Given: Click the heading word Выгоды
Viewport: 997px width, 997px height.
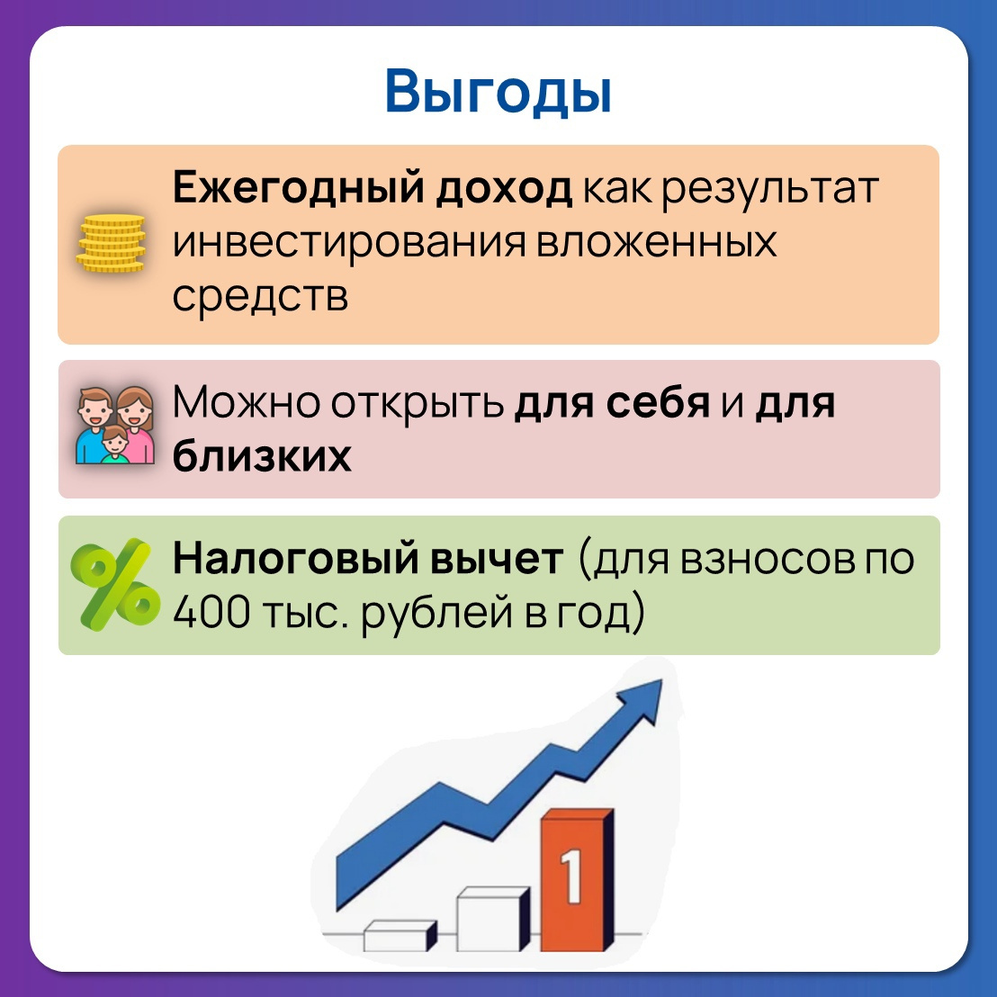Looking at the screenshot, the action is [498, 93].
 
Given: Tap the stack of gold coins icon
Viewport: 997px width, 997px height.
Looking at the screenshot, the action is [112, 244].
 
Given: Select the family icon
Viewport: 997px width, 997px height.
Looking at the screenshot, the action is [115, 425].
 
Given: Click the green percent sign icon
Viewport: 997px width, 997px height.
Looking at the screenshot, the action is [115, 584].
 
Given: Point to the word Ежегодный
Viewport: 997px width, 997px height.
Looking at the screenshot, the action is [299, 188].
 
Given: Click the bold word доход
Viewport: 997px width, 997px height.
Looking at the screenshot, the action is [504, 189].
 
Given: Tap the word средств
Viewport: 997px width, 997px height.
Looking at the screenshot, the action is [261, 296].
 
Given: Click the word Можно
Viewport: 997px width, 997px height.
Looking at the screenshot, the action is [246, 402].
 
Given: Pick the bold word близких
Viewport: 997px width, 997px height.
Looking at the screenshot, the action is [262, 455].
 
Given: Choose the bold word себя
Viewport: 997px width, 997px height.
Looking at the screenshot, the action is [658, 403].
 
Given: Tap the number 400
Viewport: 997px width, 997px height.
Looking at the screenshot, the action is [211, 612].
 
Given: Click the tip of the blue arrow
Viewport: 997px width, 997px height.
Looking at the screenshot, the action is [662, 680].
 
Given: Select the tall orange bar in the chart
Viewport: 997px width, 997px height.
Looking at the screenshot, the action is [578, 880].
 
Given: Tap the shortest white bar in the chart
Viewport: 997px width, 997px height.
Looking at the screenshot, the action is [400, 935].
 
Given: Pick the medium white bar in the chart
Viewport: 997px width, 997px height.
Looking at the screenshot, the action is [493, 919].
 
